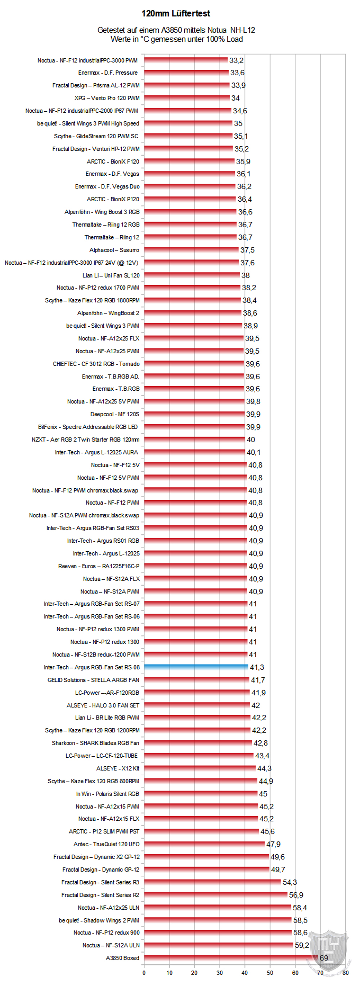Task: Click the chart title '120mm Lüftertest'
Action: tap(176, 13)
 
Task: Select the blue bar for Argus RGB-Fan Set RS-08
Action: tap(196, 667)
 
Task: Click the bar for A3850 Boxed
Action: tap(230, 958)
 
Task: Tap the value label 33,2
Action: tap(236, 60)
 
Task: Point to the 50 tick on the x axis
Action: tap(270, 973)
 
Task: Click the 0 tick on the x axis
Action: tap(144, 973)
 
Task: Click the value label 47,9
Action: tap(273, 844)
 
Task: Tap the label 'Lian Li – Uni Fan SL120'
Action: tap(111, 275)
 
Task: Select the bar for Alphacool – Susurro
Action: tap(191, 250)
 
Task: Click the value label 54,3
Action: tap(289, 882)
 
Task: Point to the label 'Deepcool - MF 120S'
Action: tap(115, 414)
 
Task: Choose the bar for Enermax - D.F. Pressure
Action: tap(186, 73)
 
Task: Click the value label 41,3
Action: tap(257, 667)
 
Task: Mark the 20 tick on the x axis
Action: tap(194, 973)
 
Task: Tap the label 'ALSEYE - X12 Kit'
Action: tap(118, 768)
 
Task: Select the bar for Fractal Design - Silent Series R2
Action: tap(216, 895)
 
